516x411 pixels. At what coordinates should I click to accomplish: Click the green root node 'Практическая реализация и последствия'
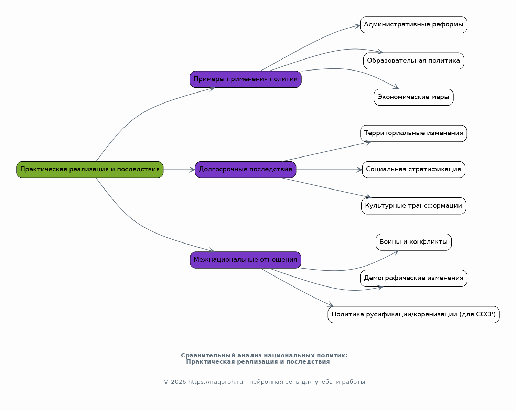[x=90, y=170]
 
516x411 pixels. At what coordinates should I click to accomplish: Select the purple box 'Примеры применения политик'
[x=245, y=79]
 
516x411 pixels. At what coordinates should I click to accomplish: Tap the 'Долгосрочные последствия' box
[x=245, y=170]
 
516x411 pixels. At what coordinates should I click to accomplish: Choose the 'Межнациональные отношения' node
[x=245, y=260]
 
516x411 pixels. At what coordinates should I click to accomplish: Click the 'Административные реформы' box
[x=413, y=25]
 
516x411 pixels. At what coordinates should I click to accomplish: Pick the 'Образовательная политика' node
[x=413, y=61]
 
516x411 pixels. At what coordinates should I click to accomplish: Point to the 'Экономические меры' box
[x=413, y=97]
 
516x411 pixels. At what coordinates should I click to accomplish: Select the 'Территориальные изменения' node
[x=413, y=133]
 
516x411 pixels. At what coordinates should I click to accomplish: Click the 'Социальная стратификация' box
[x=413, y=170]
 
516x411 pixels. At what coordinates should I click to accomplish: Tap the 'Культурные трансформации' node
[x=413, y=206]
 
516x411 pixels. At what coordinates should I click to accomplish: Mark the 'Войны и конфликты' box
[x=413, y=242]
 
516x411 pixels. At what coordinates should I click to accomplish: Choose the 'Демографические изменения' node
[x=413, y=278]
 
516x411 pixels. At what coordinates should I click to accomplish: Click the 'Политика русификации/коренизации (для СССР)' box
[x=413, y=314]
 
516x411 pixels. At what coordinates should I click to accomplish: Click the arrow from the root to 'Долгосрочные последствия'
[x=179, y=170]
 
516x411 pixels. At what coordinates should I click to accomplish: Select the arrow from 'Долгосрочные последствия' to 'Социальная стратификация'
[x=329, y=170]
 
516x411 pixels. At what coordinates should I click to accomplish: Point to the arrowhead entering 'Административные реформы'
[x=357, y=25]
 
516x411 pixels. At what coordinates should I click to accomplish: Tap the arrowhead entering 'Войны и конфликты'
[x=396, y=252]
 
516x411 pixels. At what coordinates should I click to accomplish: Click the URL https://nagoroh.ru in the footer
[x=215, y=382]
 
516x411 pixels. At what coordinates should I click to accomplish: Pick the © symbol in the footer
[x=166, y=382]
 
